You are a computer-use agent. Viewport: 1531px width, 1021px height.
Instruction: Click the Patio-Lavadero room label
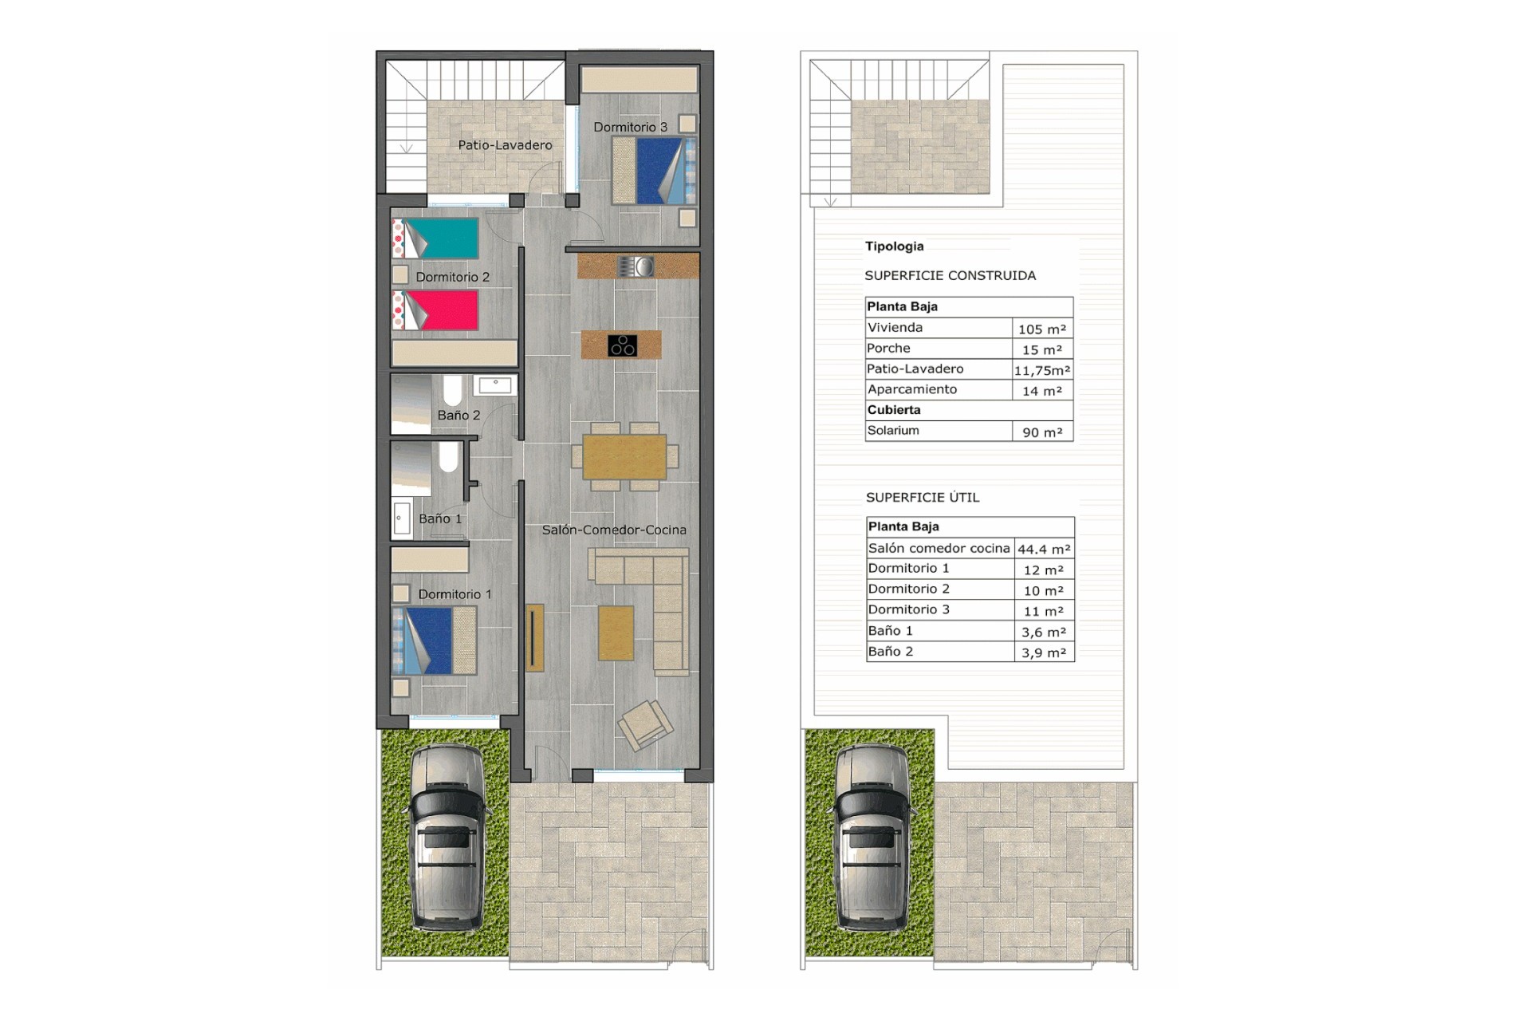click(x=505, y=145)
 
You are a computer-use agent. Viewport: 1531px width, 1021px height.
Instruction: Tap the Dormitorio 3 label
click(x=630, y=127)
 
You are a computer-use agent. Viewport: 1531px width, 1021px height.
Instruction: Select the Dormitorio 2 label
click(x=452, y=277)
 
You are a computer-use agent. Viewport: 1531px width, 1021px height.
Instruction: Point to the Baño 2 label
click(x=459, y=415)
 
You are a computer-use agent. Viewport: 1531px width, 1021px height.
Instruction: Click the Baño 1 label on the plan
click(x=440, y=518)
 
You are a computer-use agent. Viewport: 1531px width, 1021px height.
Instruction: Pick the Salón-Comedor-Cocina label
click(x=614, y=530)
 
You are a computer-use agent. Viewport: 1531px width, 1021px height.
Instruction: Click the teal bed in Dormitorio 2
click(x=435, y=238)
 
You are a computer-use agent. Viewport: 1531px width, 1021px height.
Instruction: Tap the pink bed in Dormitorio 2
click(x=435, y=310)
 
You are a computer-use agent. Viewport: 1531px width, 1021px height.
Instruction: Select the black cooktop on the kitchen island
click(x=622, y=345)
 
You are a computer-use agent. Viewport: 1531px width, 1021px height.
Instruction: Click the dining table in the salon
click(x=624, y=457)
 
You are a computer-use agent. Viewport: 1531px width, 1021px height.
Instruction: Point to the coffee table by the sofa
click(x=616, y=633)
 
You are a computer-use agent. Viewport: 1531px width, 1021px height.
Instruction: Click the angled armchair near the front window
click(x=645, y=725)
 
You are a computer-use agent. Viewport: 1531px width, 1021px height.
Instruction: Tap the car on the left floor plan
click(x=447, y=838)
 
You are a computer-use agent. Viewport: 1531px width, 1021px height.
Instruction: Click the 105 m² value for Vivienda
click(x=1041, y=329)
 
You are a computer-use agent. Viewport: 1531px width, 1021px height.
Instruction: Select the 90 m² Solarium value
click(x=1042, y=432)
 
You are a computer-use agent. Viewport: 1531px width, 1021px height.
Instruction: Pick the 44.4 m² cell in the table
click(x=1044, y=549)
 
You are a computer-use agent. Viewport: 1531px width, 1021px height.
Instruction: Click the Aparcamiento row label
click(x=912, y=389)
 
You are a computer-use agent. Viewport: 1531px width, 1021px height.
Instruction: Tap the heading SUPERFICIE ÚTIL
click(x=923, y=497)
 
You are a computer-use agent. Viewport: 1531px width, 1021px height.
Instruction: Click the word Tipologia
click(x=895, y=246)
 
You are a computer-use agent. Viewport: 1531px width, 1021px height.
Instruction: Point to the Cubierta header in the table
click(x=894, y=410)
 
